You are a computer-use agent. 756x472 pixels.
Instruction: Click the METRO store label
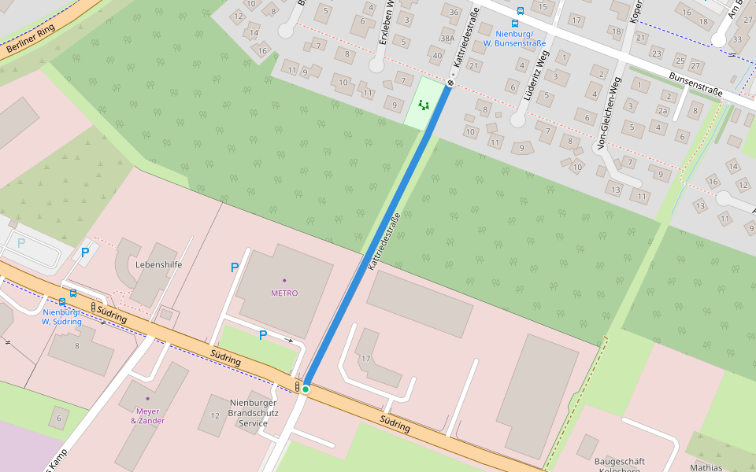coord(284,293)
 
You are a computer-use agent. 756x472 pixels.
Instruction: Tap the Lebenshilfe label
coord(158,265)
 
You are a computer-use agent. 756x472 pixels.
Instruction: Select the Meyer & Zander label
coord(147,415)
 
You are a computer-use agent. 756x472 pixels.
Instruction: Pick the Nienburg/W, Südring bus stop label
coord(61,316)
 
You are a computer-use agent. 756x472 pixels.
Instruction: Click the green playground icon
coord(424,104)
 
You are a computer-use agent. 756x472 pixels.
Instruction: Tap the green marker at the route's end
coord(306,389)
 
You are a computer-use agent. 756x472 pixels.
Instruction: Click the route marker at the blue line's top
coord(450,82)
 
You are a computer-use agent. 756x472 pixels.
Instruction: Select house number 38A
coord(447,39)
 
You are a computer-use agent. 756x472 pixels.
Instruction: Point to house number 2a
coord(663,111)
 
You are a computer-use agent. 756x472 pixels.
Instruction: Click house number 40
coord(437,55)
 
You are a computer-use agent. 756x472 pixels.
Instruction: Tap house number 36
coord(453,13)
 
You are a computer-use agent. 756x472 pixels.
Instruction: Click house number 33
coord(737,39)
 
